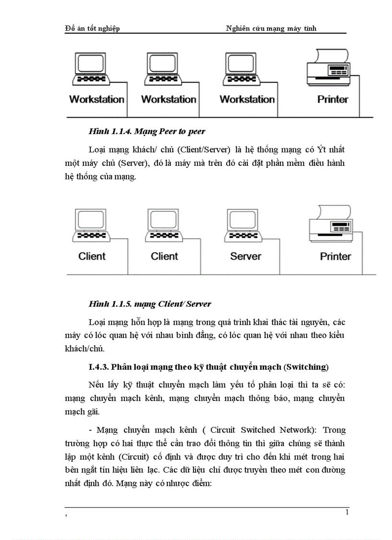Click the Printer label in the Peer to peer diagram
332,100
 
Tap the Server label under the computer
245,256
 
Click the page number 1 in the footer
347,512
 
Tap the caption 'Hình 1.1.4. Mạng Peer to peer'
147,131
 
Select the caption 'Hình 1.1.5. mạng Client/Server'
150,304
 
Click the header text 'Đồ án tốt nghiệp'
92,28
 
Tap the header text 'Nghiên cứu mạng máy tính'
271,28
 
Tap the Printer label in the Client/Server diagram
335,256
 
